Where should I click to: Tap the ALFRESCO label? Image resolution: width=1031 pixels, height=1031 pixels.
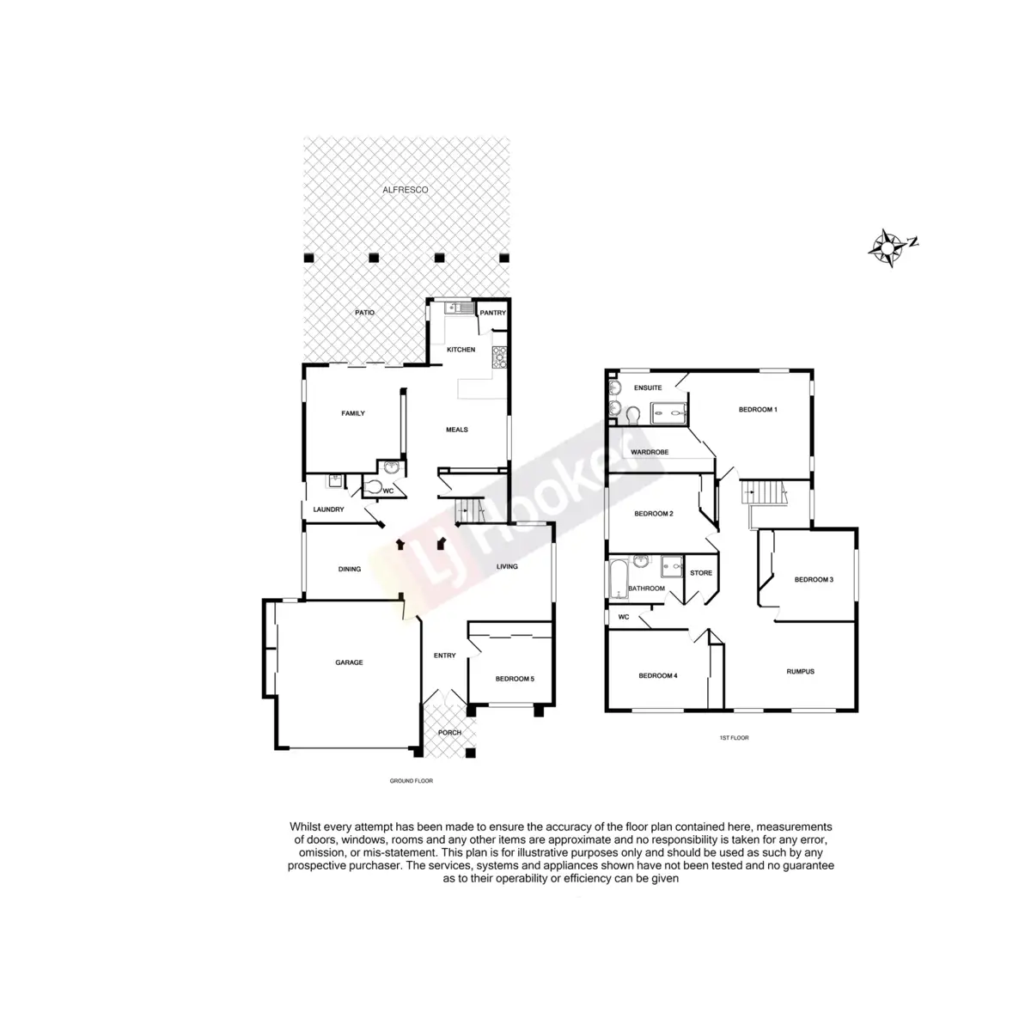(x=406, y=189)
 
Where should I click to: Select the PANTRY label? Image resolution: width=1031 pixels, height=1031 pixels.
(x=493, y=313)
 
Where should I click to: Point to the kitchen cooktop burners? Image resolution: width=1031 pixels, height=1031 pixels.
(x=499, y=357)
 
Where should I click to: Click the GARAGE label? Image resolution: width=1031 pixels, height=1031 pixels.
(x=349, y=662)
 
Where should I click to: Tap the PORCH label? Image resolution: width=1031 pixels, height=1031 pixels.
(x=449, y=733)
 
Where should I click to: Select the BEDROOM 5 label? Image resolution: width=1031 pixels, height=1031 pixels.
(x=515, y=679)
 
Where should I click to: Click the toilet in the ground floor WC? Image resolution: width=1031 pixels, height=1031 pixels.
(x=372, y=487)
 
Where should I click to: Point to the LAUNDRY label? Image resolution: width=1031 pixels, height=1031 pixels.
(x=328, y=509)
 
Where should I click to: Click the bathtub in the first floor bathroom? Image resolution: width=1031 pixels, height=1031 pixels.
(x=618, y=583)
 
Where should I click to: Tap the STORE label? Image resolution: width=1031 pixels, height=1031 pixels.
(x=701, y=573)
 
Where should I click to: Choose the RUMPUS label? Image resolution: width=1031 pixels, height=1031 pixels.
(x=800, y=671)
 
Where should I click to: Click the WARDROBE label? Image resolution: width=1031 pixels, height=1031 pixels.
(x=650, y=451)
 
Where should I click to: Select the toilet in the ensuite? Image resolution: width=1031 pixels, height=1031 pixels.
(x=634, y=416)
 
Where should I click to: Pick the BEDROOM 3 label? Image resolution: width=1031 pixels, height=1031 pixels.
(x=814, y=579)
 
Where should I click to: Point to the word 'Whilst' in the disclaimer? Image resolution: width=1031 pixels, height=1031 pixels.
(x=306, y=826)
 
